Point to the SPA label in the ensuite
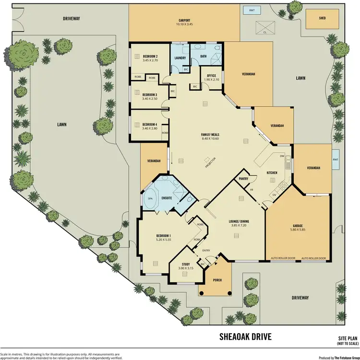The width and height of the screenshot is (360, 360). pos(149,198)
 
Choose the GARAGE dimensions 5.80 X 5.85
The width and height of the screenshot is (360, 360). pos(298,229)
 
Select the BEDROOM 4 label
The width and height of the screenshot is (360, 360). pos(150,124)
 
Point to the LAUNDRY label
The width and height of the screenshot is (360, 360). pos(180,59)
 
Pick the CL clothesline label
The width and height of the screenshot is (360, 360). pos(265,32)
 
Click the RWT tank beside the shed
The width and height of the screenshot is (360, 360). pos(251,10)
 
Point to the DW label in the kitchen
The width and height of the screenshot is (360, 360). pos(283,156)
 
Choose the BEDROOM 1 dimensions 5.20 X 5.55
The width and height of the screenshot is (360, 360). pos(163,239)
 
